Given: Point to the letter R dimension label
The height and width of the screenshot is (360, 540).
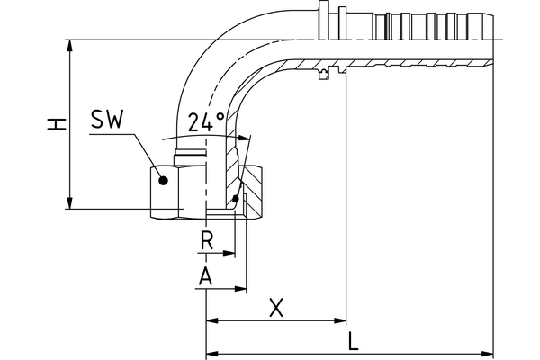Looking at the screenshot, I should coord(206,240).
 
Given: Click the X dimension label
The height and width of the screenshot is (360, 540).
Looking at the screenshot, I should coord(276,308).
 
